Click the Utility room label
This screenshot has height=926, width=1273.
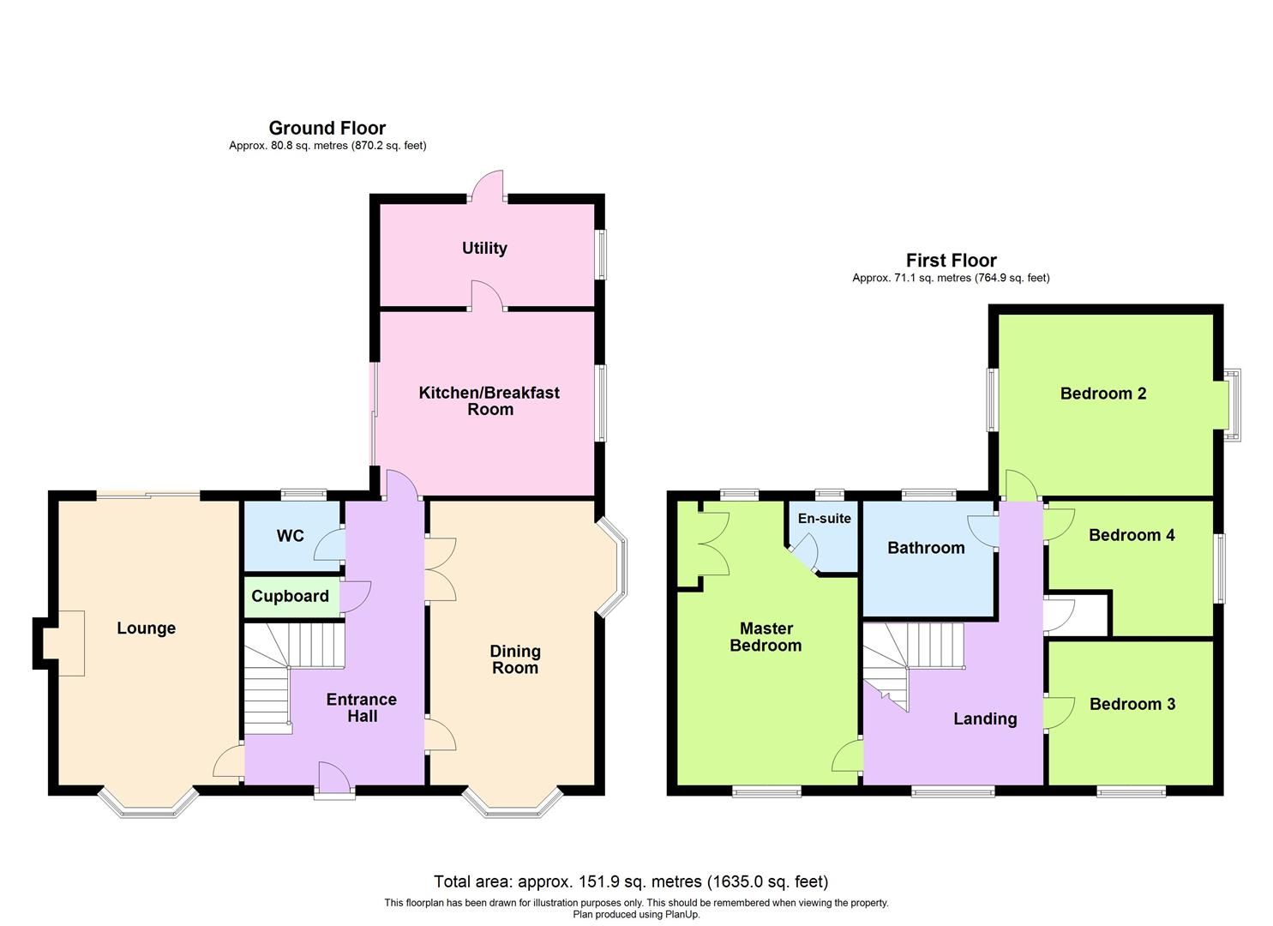(484, 248)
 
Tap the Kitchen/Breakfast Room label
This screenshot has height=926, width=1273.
(489, 400)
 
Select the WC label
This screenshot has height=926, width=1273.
(290, 536)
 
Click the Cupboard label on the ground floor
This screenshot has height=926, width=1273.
(290, 596)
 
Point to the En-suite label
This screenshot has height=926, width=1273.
(824, 519)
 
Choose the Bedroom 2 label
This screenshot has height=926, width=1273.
(1102, 394)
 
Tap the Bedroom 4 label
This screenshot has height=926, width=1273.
(1131, 535)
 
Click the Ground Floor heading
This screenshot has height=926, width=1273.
(327, 128)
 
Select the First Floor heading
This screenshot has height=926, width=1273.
(951, 260)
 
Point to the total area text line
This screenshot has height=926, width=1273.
(630, 881)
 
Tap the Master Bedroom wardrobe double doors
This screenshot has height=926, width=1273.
(713, 544)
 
